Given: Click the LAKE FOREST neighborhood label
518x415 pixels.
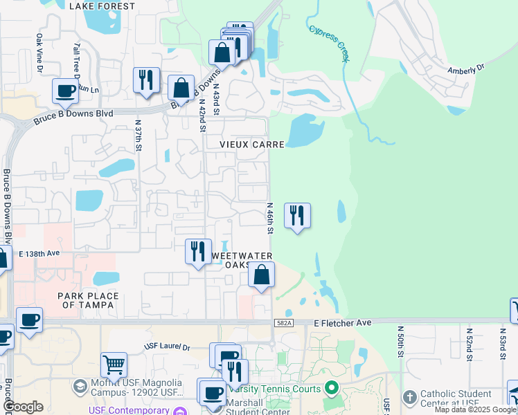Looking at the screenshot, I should tap(102, 6).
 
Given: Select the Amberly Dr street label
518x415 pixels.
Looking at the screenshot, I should tap(466, 69).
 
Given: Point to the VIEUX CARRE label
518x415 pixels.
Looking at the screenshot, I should tap(252, 145).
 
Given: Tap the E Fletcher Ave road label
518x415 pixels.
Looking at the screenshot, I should tap(342, 322).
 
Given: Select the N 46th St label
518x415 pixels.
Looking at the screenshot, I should tap(270, 218).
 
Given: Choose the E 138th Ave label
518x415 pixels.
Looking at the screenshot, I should tap(40, 255).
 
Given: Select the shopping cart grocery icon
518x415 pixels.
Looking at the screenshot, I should tap(114, 363).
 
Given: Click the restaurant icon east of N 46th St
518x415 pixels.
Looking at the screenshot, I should tap(297, 215).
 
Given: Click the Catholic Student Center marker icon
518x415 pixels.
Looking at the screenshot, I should tap(410, 397).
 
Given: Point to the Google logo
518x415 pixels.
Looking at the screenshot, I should tap(23, 407).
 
